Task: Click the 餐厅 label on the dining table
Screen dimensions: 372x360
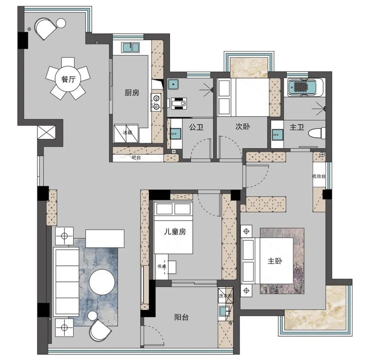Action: coord(68,79)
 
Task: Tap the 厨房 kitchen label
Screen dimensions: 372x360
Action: coord(132,93)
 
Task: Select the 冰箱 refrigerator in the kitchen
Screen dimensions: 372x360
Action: coord(126,133)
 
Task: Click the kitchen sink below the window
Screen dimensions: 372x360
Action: coord(130,47)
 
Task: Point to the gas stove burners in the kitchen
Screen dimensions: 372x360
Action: coord(156,102)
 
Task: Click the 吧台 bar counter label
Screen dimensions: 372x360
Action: coord(136,157)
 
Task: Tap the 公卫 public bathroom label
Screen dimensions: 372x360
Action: coord(196,127)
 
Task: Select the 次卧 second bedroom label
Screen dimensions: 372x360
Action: coord(242,127)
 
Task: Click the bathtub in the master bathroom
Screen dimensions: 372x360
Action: coord(306,87)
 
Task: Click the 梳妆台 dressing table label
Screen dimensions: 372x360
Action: coord(319,176)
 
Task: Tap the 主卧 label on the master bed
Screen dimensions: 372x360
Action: coord(275,261)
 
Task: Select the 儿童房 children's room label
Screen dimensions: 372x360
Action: coord(175,232)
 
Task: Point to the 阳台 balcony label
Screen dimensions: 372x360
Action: coord(182,317)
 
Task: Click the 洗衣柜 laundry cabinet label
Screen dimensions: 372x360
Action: coord(226,296)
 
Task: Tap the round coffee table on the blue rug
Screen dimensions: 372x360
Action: coord(102,282)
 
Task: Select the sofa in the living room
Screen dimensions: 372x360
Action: coord(66,282)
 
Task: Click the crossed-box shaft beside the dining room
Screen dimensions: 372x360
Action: coord(46,132)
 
